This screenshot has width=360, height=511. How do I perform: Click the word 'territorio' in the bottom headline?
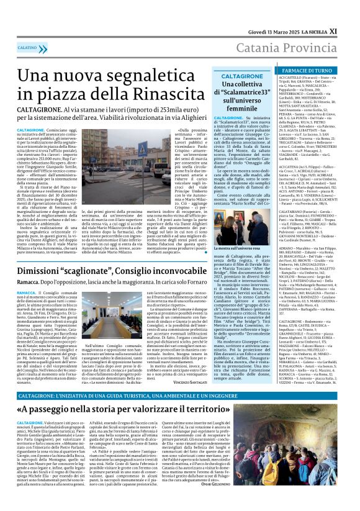[x=239, y=410]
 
